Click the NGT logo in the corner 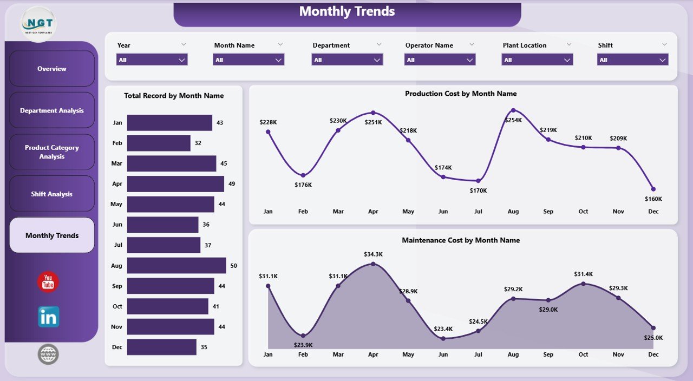[38, 24]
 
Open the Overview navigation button [52, 69]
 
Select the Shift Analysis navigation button [52, 194]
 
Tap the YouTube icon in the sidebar [48, 282]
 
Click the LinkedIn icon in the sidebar [49, 317]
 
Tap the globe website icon [48, 354]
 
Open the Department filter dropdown [347, 60]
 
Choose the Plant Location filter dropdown [537, 60]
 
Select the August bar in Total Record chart [176, 266]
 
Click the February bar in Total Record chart [159, 143]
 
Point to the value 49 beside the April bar [232, 184]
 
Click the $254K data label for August [513, 120]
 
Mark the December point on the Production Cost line [653, 189]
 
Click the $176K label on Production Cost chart [303, 185]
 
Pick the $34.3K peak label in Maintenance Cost [373, 254]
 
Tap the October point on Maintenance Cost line [583, 283]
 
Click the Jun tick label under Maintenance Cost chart [443, 354]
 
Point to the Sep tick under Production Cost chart [548, 211]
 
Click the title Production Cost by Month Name [461, 94]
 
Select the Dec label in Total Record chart [117, 347]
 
